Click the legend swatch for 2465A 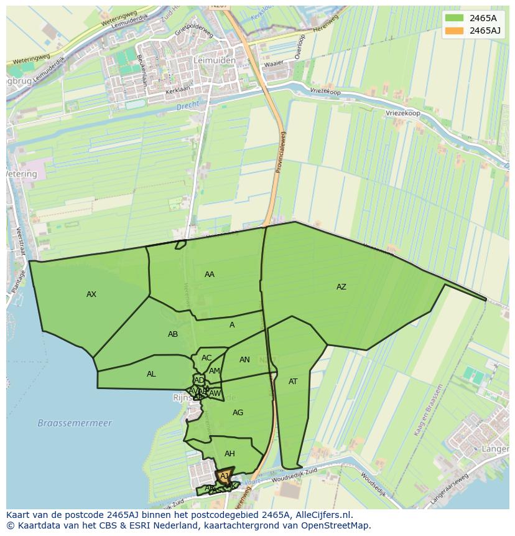pyautogui.click(x=454, y=18)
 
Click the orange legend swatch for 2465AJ pyautogui.click(x=454, y=31)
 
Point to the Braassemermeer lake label pyautogui.click(x=75, y=423)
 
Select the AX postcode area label pyautogui.click(x=91, y=294)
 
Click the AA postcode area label pyautogui.click(x=210, y=275)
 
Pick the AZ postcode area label pyautogui.click(x=341, y=287)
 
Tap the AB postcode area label pyautogui.click(x=173, y=334)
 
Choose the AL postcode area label pyautogui.click(x=151, y=374)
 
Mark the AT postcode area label pyautogui.click(x=293, y=382)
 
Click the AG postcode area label pyautogui.click(x=238, y=413)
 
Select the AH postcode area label pyautogui.click(x=230, y=454)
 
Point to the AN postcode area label pyautogui.click(x=244, y=360)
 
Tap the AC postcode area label pyautogui.click(x=206, y=358)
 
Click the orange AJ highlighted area pyautogui.click(x=224, y=477)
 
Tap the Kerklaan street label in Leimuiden pyautogui.click(x=177, y=91)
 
